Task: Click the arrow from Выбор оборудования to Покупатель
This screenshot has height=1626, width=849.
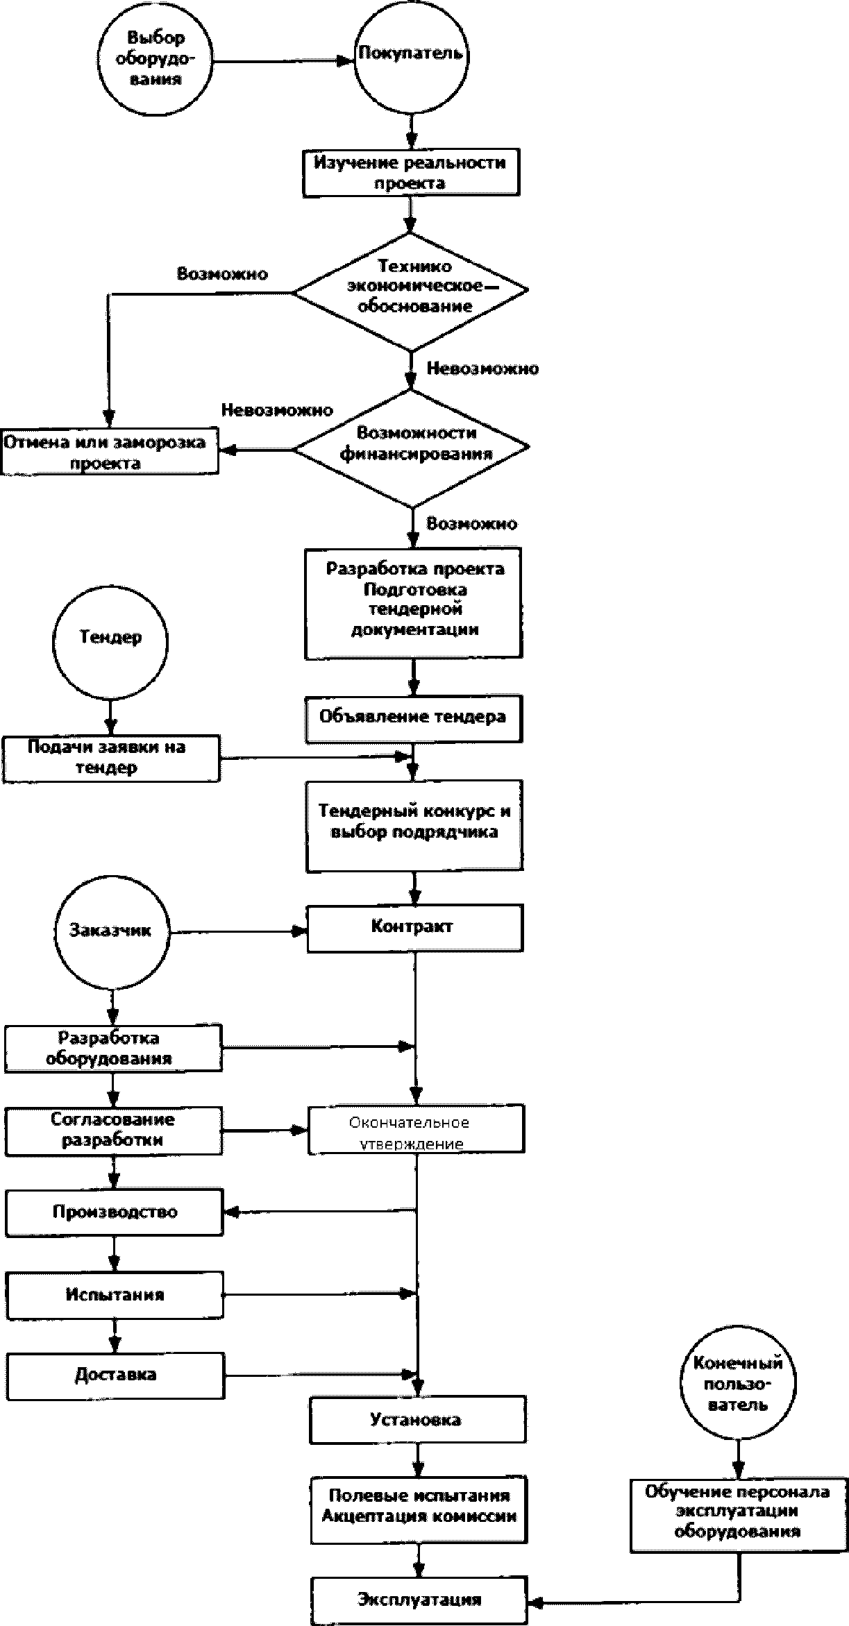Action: coord(283,61)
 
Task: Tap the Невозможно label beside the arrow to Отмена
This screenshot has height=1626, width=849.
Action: coord(277,410)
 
